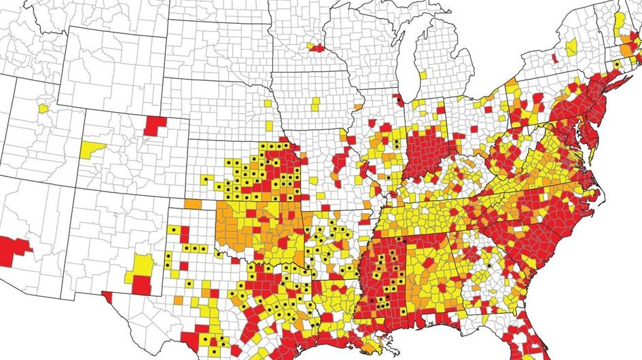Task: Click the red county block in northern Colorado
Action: coord(154,125)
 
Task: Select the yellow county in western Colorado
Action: coord(92,149)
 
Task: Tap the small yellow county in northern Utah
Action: coord(43,108)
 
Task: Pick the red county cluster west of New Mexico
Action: coord(14,247)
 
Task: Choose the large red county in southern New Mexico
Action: coord(141,285)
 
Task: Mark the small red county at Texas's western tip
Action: coord(107,297)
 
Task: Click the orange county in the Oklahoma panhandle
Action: coord(192,204)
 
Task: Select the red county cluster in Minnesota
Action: coord(316,48)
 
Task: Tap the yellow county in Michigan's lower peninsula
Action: coord(423,74)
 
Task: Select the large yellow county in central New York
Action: coord(571,47)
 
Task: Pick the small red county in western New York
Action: coord(555,59)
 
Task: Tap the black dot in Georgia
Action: coord(488,267)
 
